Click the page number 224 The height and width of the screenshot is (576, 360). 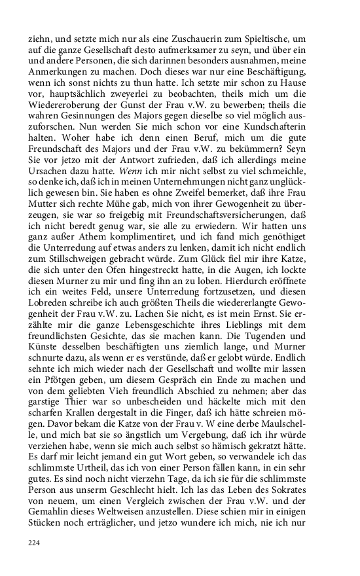click(x=35, y=543)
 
